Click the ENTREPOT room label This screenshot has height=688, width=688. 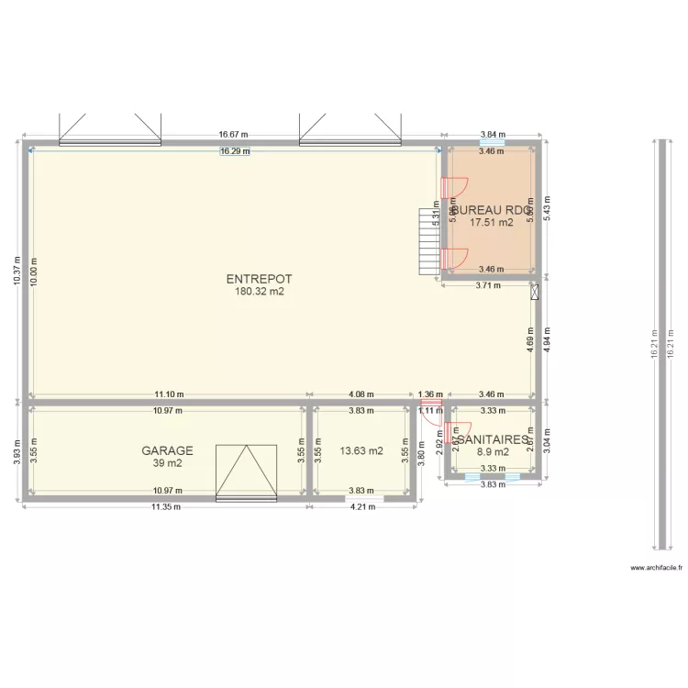pyautogui.click(x=253, y=279)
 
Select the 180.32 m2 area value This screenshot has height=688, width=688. pyautogui.click(x=253, y=292)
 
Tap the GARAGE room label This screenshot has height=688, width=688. pyautogui.click(x=167, y=450)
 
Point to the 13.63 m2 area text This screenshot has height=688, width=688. pyautogui.click(x=361, y=451)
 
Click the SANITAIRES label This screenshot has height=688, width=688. pyautogui.click(x=491, y=439)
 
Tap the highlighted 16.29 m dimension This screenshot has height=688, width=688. pyautogui.click(x=236, y=151)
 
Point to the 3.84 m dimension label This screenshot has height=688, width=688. pyautogui.click(x=492, y=134)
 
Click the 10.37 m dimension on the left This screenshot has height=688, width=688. pyautogui.click(x=17, y=271)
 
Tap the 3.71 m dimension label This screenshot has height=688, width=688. pyautogui.click(x=489, y=285)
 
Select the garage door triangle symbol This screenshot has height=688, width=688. pyautogui.click(x=245, y=472)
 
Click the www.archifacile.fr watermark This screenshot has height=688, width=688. pyautogui.click(x=657, y=568)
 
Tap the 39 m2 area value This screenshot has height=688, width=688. pyautogui.click(x=167, y=463)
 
